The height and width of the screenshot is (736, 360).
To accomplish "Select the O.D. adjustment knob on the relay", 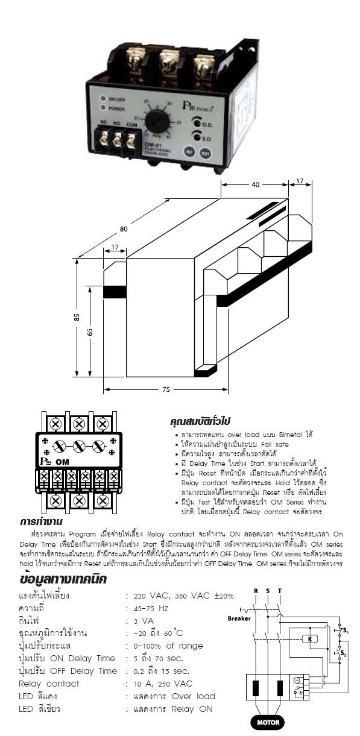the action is (197, 124).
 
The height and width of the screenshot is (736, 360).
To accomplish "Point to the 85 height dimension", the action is (77, 318).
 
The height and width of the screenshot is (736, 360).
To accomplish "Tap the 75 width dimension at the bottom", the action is (165, 390).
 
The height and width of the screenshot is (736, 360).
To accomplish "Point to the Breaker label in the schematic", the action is (239, 618).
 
